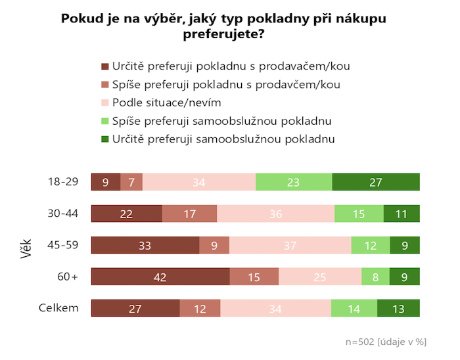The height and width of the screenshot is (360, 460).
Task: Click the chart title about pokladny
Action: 223,26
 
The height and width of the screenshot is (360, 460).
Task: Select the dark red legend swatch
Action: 104,66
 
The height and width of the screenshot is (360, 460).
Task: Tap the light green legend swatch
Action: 104,121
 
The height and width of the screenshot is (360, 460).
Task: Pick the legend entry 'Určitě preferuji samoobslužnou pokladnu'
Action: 223,139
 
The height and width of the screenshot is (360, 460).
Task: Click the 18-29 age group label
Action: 64,182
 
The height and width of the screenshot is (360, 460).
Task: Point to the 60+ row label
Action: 68,277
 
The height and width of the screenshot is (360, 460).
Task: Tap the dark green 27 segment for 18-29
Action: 375,182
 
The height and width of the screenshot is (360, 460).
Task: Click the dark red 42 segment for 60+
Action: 160,277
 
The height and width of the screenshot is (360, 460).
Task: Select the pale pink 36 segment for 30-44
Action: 275,214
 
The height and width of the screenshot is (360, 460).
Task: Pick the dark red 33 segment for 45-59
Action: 145,245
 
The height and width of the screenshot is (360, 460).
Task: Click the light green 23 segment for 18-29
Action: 294,182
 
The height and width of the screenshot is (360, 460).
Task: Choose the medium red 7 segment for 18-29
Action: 131,182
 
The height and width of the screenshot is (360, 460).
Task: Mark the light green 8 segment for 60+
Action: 375,277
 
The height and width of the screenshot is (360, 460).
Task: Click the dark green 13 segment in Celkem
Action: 398,308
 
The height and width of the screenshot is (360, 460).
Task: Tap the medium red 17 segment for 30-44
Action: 189,214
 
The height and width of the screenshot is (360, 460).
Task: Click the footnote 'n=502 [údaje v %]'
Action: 386,342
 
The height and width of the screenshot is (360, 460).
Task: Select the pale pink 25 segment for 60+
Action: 320,277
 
